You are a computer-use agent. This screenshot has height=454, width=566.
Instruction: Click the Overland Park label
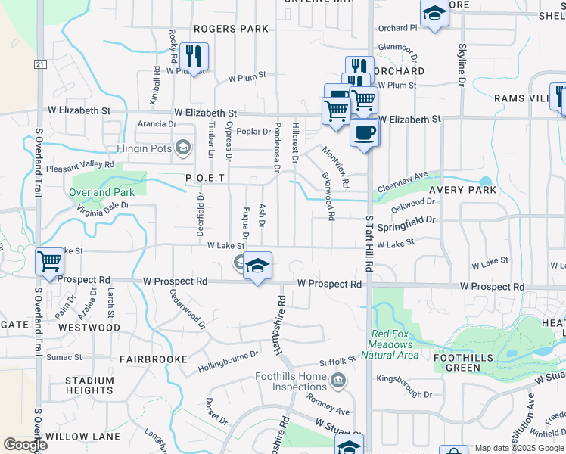(x=101, y=192)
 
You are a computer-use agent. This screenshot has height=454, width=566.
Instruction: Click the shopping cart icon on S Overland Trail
(x=49, y=262)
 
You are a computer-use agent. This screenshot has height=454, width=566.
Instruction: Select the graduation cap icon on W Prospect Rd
(x=257, y=266)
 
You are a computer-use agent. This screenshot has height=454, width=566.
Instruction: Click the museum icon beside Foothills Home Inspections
(x=338, y=378)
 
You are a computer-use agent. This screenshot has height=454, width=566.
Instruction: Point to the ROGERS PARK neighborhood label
(x=231, y=29)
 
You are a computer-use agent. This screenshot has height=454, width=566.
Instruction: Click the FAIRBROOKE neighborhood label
(x=154, y=359)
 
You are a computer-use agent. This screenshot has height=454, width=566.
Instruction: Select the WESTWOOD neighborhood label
(x=89, y=328)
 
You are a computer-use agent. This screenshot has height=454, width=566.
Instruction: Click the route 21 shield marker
(x=39, y=65)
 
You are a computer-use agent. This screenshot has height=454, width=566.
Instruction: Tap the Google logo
(x=25, y=445)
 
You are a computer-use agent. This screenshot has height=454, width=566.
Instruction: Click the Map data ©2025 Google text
(x=519, y=448)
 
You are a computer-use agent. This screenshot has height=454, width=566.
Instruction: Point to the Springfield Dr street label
(x=407, y=220)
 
